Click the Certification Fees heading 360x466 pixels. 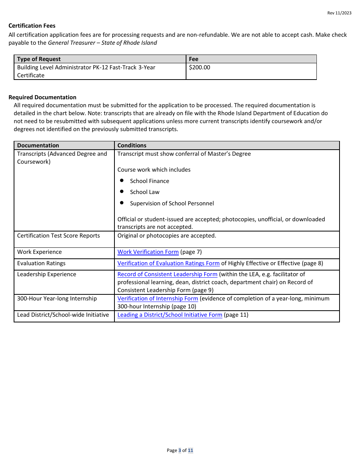[x=32, y=26]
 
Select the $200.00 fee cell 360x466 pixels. [x=199, y=67]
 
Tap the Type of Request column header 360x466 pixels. [x=39, y=59]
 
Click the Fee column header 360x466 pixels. [x=194, y=59]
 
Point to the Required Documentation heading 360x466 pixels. [x=42, y=97]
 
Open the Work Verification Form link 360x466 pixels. [x=148, y=252]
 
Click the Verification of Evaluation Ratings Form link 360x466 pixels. [x=168, y=263]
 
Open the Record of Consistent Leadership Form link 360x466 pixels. [x=167, y=274]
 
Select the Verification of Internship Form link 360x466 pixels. [x=158, y=299]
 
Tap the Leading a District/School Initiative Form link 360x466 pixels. [x=170, y=315]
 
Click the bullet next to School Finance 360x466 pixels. [x=122, y=181]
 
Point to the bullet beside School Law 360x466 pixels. [x=122, y=192]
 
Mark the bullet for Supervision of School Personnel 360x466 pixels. [x=122, y=203]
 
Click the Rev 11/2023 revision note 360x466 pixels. [x=339, y=13]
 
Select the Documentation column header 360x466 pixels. [x=38, y=145]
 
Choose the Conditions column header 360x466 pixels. [x=132, y=145]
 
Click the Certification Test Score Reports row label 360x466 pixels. [x=58, y=236]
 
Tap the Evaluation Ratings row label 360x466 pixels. [x=41, y=263]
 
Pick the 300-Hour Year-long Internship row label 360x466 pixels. [x=57, y=299]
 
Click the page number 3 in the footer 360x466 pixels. [x=180, y=450]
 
